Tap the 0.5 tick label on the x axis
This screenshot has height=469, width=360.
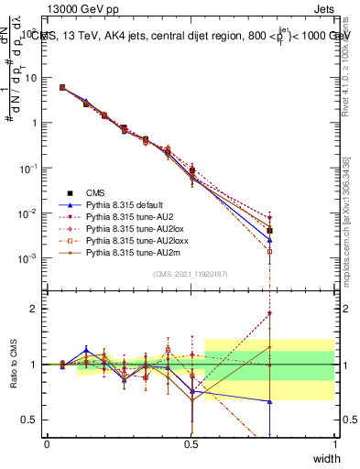click(x=191, y=444)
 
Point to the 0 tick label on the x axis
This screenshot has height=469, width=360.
click(x=48, y=444)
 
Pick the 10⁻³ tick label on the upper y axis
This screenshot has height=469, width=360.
click(x=27, y=259)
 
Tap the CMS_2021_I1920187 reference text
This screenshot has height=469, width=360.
click(x=191, y=274)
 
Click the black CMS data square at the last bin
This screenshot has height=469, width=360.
click(x=270, y=231)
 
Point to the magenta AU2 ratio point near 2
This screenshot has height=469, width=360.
click(x=270, y=313)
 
